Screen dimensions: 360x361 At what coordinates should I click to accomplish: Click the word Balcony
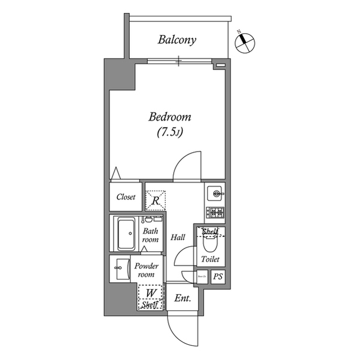tap(177, 40)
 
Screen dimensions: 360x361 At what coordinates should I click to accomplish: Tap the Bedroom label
tap(170, 118)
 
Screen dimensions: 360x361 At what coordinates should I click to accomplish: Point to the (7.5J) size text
tap(170, 133)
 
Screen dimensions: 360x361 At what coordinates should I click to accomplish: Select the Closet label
tap(126, 197)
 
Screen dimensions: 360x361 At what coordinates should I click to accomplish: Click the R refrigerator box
tap(156, 199)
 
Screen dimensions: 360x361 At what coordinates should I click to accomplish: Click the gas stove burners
tap(215, 213)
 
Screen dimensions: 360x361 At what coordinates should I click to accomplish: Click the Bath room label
tap(150, 235)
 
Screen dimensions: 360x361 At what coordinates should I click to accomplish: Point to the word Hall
tap(178, 238)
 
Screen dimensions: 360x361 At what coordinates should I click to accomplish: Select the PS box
tap(217, 277)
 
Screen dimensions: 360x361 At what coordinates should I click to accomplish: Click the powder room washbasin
tap(120, 269)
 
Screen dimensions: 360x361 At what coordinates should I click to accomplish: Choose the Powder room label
tap(146, 270)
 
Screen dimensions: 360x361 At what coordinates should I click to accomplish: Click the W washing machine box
tap(151, 293)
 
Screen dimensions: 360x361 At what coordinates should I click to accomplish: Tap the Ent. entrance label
tap(182, 299)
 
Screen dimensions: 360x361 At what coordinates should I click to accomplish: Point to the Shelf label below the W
tap(150, 305)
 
